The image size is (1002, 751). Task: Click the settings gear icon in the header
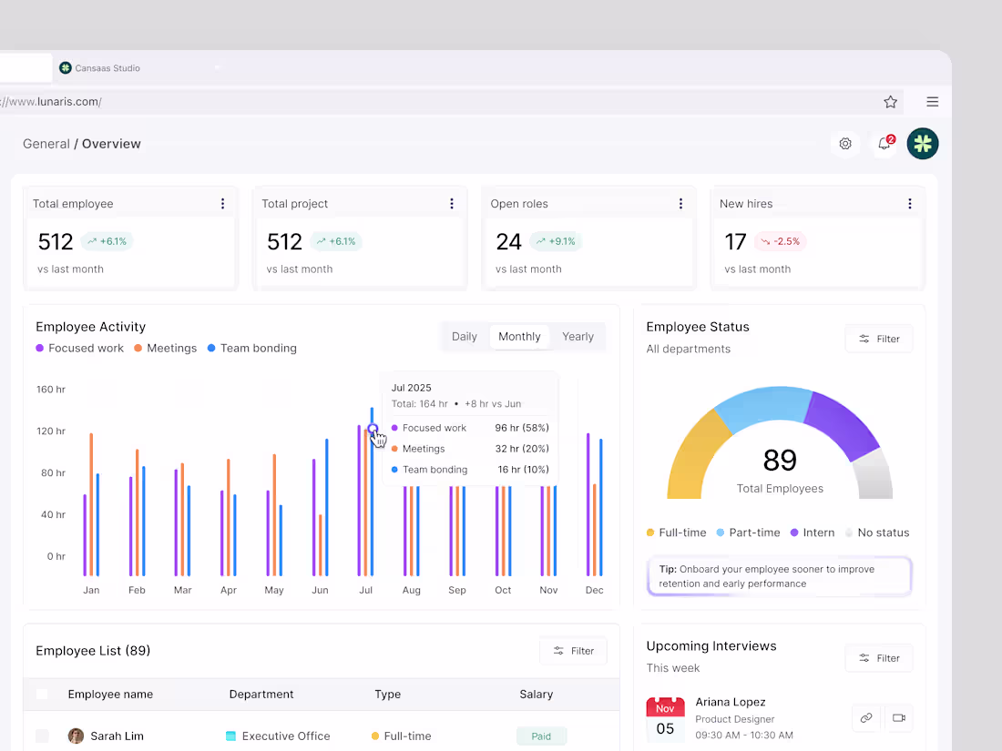tap(845, 144)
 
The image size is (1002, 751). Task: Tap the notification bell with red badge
tap(884, 144)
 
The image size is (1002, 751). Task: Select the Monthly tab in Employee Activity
tap(519, 337)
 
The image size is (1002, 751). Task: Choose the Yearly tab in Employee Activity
tap(578, 337)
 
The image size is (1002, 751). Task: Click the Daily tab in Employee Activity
tap(465, 337)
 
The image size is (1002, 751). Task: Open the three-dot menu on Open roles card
tap(680, 204)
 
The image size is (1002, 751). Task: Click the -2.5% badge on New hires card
tap(780, 242)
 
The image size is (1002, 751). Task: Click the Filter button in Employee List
tap(573, 651)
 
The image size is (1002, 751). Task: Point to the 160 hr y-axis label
tap(51, 390)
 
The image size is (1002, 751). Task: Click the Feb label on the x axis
tap(137, 590)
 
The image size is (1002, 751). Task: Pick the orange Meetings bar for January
tap(91, 504)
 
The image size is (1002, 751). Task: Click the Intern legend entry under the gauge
tap(811, 533)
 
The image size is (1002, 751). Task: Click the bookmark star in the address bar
tap(891, 102)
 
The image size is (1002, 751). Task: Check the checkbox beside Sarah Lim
tap(42, 736)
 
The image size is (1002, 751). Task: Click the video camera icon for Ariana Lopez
tap(898, 718)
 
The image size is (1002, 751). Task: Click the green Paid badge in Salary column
tap(541, 736)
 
